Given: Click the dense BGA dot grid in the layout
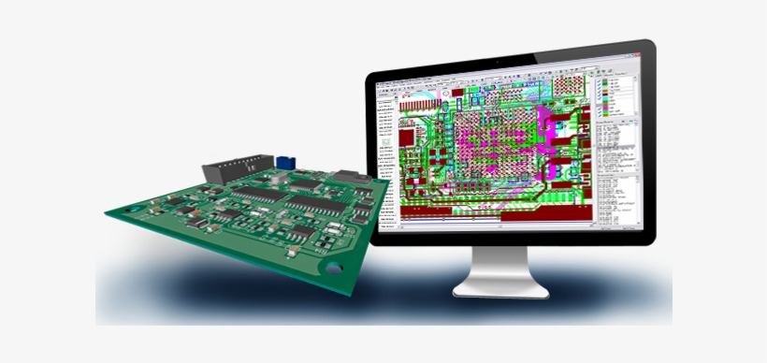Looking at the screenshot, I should tap(496, 140).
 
